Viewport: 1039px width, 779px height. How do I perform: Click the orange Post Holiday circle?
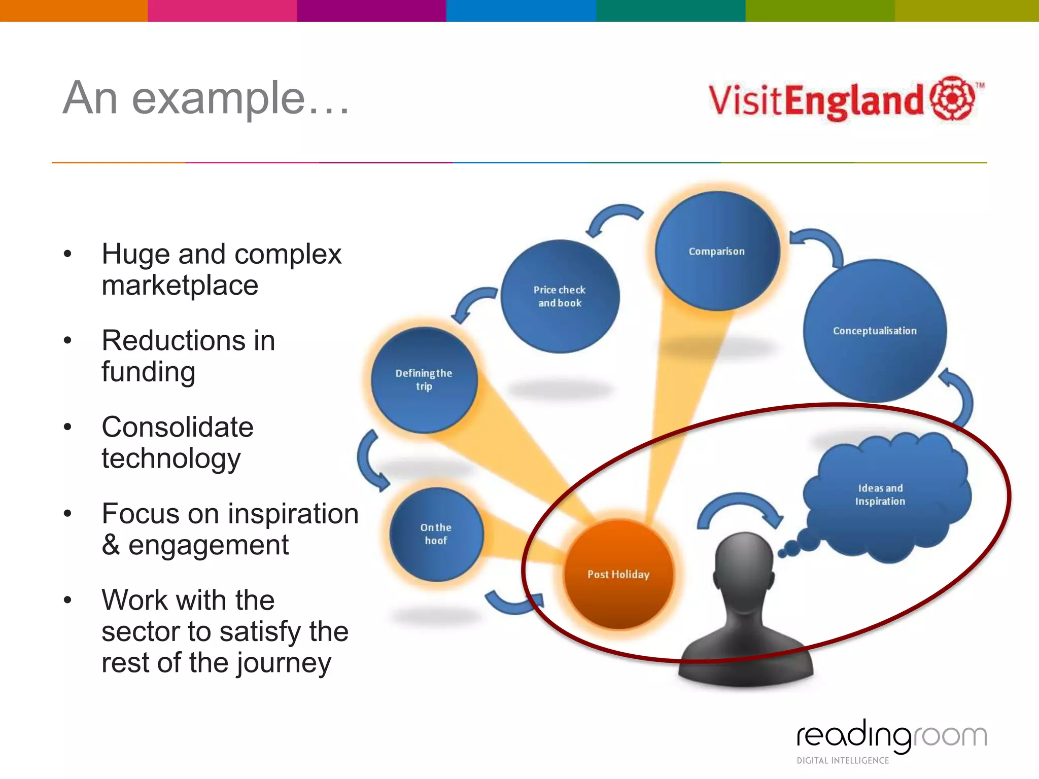(x=618, y=574)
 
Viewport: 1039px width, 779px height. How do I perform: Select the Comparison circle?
(x=717, y=252)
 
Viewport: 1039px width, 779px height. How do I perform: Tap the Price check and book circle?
(x=560, y=297)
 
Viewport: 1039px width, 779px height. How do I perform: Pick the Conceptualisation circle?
(x=875, y=331)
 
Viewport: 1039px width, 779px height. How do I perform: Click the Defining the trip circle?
(x=424, y=380)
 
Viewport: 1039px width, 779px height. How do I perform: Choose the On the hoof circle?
(x=436, y=534)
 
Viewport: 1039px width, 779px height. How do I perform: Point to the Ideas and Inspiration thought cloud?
(x=883, y=495)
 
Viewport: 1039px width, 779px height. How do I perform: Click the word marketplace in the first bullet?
(x=180, y=286)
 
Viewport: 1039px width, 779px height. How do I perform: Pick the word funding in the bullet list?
(x=148, y=372)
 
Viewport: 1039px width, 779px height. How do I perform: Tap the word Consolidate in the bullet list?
(x=177, y=427)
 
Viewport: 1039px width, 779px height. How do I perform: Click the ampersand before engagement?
(x=111, y=546)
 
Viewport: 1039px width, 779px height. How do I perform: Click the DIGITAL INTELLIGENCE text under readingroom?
(x=843, y=760)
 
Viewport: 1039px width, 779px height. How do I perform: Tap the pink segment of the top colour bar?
(x=222, y=10)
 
